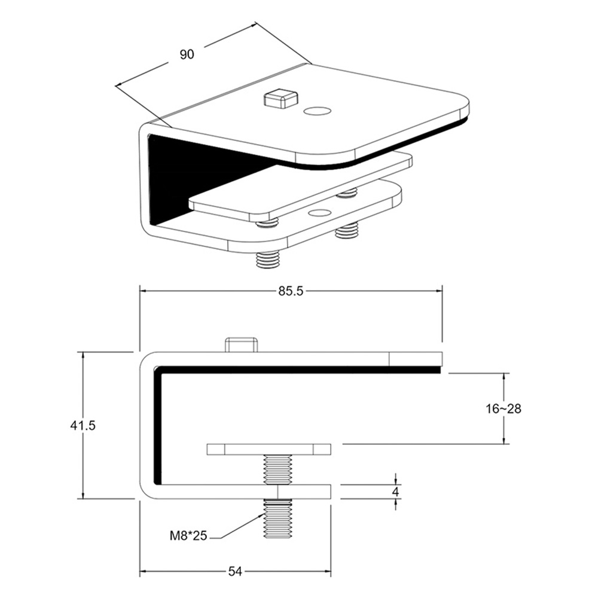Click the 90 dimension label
(x=187, y=54)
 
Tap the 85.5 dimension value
(x=291, y=291)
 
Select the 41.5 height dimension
(x=83, y=426)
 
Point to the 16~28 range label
(x=503, y=408)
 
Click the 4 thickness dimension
(x=396, y=492)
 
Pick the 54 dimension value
(x=234, y=572)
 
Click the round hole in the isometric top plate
(x=317, y=111)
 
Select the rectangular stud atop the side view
(x=242, y=345)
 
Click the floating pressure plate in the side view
(x=269, y=449)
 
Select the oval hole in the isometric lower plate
(x=319, y=213)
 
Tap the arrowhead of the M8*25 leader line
(x=261, y=515)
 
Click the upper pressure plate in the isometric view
(x=299, y=188)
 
